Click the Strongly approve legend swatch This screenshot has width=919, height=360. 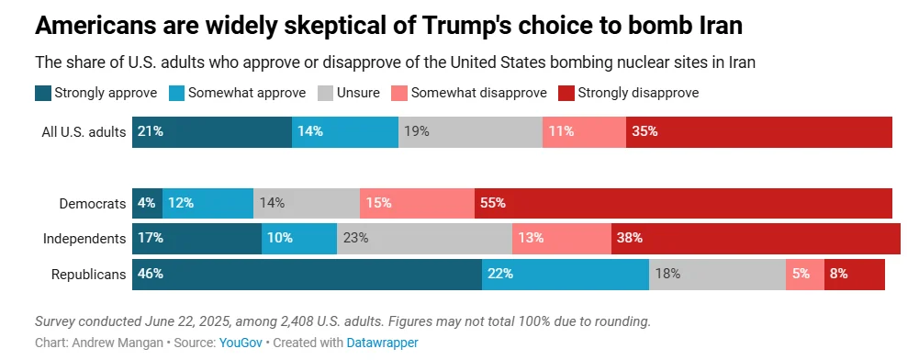43,93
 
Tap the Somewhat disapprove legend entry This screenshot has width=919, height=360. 478,93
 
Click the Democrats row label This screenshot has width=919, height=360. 92,203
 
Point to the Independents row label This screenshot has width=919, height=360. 84,239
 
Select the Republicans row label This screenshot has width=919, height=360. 88,274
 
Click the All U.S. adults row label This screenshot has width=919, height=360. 84,131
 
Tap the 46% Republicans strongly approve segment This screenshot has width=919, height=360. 307,274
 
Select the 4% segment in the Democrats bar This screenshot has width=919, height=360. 147,203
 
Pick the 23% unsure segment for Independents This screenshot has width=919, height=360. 424,239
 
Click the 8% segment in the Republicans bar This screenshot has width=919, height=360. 854,274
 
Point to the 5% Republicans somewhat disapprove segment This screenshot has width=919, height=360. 804,274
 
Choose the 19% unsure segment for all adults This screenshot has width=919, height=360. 470,131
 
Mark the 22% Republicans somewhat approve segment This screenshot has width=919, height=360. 565,274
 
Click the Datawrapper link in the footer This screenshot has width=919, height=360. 382,343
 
